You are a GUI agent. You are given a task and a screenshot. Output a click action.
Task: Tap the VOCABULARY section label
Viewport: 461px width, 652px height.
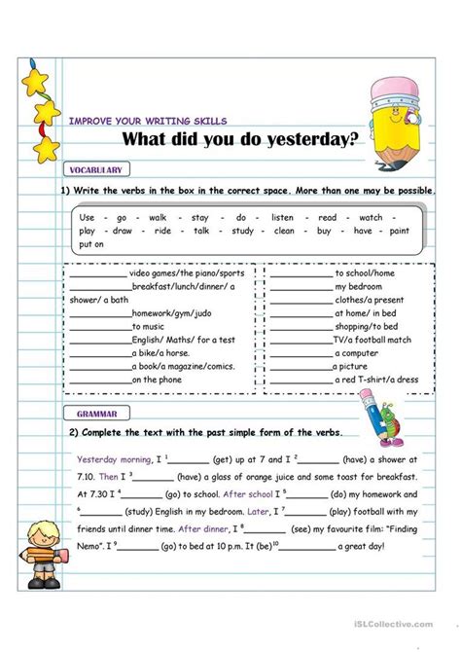coord(96,168)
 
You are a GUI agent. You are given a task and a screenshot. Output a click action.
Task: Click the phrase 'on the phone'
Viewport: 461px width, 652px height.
coord(157,380)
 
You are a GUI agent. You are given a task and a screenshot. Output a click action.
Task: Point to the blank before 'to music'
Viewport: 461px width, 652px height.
coord(99,326)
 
